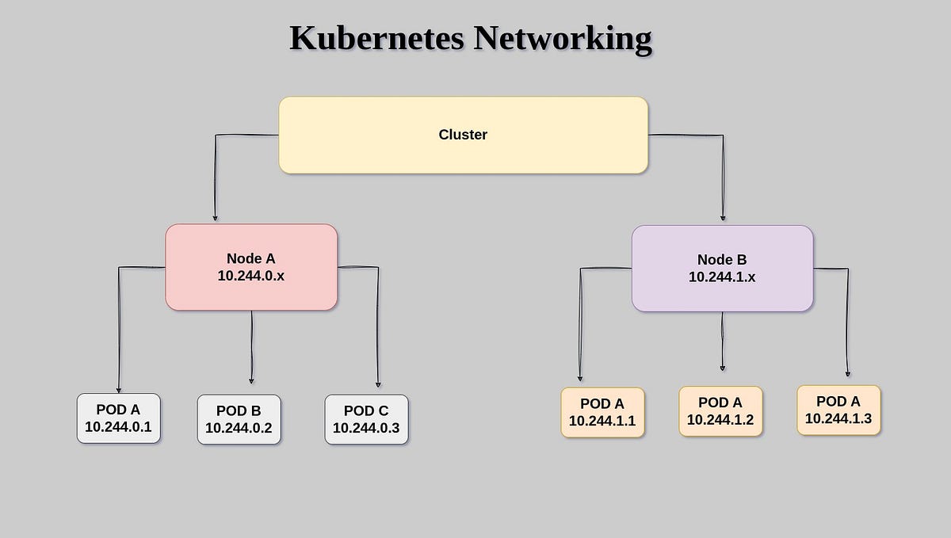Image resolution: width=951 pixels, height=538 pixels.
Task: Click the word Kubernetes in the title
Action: [x=377, y=38]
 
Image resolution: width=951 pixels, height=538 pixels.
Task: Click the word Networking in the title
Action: [x=563, y=38]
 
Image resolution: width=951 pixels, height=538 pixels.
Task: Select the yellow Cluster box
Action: [x=463, y=135]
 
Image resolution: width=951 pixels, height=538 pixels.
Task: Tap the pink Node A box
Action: [x=251, y=267]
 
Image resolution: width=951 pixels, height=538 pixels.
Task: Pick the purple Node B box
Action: [x=722, y=269]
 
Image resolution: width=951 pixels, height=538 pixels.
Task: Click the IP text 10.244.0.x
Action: [x=251, y=276]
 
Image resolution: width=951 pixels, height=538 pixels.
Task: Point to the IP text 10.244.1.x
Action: [x=722, y=277]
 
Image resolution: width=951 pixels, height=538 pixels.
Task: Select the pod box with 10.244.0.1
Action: [x=119, y=419]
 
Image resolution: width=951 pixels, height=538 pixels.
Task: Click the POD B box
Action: [x=239, y=419]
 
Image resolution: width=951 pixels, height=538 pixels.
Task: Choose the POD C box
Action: [x=366, y=419]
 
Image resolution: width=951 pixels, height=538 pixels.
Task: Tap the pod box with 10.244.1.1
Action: [x=602, y=412]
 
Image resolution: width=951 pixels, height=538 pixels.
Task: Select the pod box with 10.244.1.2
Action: [x=720, y=411]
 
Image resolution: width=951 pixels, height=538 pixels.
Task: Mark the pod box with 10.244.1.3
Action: [x=838, y=410]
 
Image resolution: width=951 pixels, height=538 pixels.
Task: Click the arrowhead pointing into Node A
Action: [x=215, y=218]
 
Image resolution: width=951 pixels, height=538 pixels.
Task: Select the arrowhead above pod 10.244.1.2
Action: [x=723, y=368]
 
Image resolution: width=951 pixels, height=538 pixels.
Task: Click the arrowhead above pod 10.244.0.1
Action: [x=119, y=389]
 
